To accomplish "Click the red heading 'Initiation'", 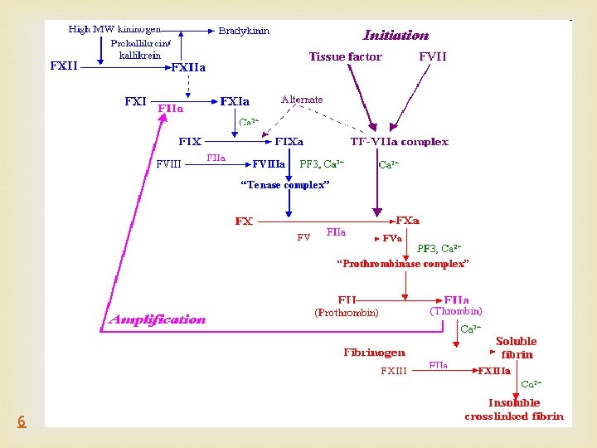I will [x=396, y=36].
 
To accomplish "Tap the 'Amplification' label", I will [x=158, y=319].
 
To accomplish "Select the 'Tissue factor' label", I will [x=345, y=57].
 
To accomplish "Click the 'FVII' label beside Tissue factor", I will [x=432, y=57].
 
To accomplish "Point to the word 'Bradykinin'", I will [x=244, y=31].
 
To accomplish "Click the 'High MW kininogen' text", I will [x=114, y=29].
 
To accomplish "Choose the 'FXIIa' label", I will [x=188, y=67].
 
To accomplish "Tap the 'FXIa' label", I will [x=235, y=102].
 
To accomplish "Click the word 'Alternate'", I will [x=302, y=100].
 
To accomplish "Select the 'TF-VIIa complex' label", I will [x=400, y=142].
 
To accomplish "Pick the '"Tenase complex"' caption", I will [x=284, y=185].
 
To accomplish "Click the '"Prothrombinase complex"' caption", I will [x=402, y=263].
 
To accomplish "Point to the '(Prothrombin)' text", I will [x=346, y=313].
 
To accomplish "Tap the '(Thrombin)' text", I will [x=455, y=311].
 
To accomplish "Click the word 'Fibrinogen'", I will [x=375, y=353].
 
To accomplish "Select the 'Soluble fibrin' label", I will [x=516, y=348].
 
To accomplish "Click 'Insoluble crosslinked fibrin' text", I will [x=514, y=410].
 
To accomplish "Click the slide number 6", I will [x=22, y=421].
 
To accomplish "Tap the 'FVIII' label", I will [x=168, y=163].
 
